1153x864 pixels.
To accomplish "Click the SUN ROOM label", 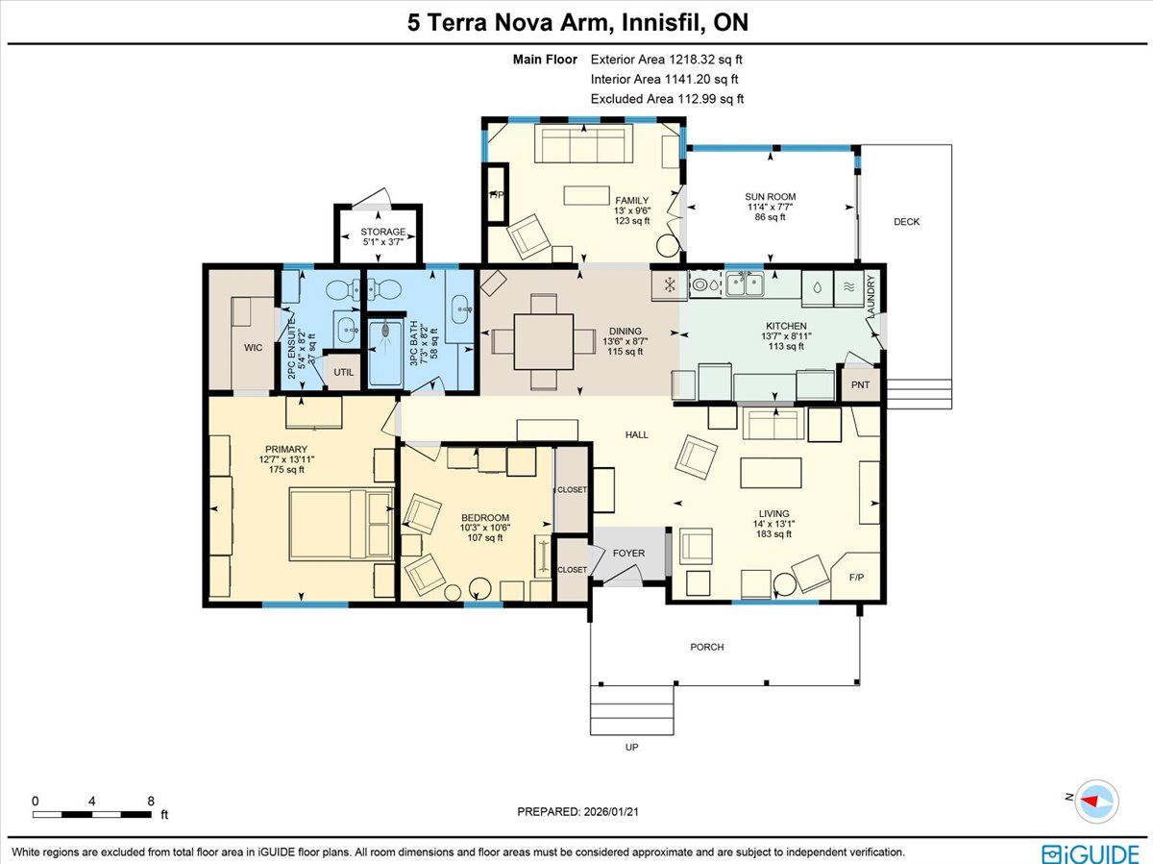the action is pos(770,196).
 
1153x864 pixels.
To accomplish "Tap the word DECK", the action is pos(907,222).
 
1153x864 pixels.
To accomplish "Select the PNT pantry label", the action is pos(860,384).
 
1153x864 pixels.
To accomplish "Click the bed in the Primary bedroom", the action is pos(341,523).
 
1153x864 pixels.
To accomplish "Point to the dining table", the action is pos(544,341).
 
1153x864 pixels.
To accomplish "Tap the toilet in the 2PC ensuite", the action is pos(342,290).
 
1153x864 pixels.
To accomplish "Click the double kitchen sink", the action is pos(745,284).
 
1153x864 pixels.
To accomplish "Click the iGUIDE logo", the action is pos(1091,853).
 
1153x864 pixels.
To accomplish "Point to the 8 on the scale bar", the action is pos(151,801).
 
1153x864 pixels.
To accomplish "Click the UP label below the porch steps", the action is pos(631,747).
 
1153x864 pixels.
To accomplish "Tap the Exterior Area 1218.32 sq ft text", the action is pos(666,60).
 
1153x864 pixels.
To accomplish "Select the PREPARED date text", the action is pos(577,811).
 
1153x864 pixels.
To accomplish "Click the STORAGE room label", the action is pos(383,232).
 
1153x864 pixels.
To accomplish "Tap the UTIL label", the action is pos(344,372).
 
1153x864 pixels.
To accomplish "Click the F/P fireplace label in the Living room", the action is pos(856,578).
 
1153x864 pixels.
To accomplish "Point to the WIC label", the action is pos(254,348).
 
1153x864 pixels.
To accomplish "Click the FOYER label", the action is pos(628,553).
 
